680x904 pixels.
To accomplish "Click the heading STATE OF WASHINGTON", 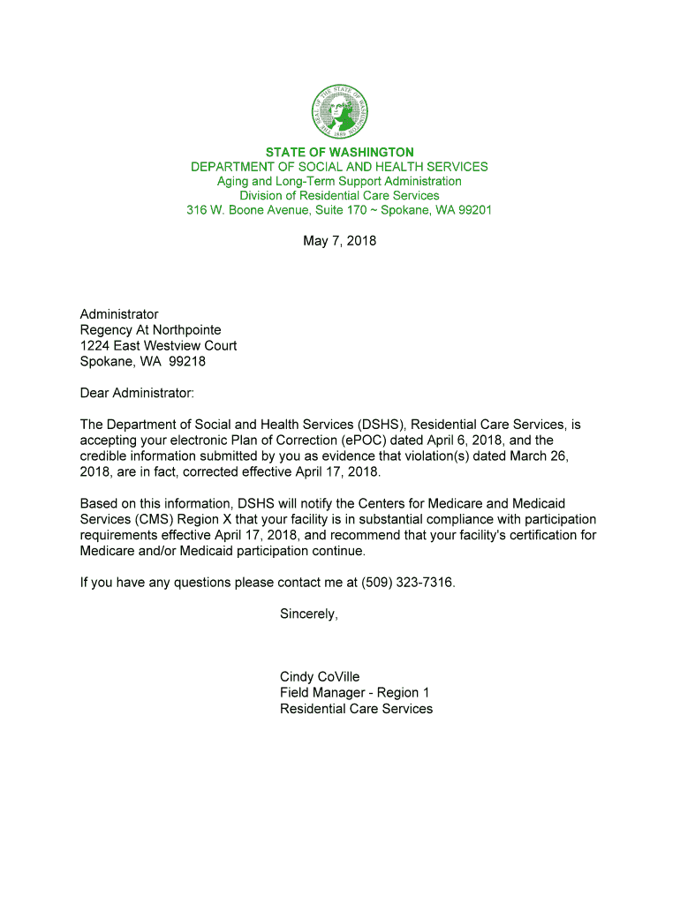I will tap(340, 153).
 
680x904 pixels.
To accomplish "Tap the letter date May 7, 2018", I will tap(340, 239).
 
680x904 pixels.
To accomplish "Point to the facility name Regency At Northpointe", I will tap(151, 330).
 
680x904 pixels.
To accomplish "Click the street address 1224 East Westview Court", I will tap(159, 346).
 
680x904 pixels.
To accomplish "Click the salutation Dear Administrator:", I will tap(137, 393).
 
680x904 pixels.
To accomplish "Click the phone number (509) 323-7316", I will tap(407, 583).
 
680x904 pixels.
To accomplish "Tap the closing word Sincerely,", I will tap(309, 614).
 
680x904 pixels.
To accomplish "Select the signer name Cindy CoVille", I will tap(320, 677).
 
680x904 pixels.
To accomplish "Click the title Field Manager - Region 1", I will tap(355, 693).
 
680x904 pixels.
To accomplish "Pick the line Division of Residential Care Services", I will tap(340, 195).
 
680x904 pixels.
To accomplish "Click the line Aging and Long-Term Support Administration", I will tap(340, 181).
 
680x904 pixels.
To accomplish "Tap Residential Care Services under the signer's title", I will tap(357, 709).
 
